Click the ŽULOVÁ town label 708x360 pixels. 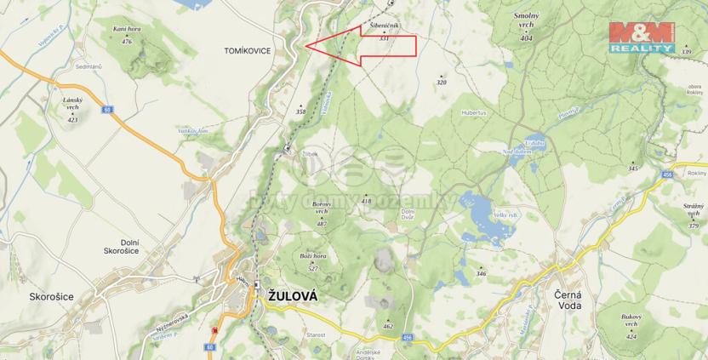coord(292,296)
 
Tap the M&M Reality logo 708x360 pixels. coord(641,38)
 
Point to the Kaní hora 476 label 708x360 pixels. coord(127,34)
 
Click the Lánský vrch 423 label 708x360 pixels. coord(72,111)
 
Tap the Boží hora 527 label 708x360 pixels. coord(313,260)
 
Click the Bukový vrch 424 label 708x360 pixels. coord(631,329)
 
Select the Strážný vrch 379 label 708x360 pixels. coord(694,214)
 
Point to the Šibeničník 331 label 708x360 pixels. coord(385,32)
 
